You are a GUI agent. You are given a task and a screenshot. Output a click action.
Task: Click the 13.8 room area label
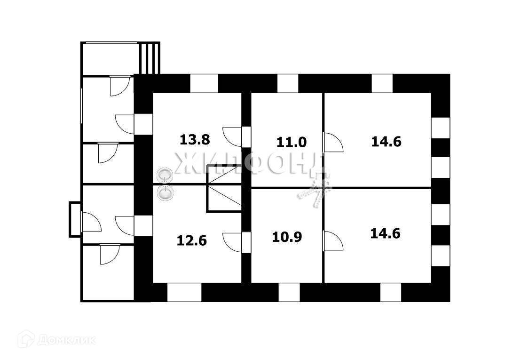tap(195, 139)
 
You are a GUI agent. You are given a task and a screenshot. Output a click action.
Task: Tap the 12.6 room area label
tap(192, 240)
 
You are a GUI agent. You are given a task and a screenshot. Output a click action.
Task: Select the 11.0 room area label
tap(292, 142)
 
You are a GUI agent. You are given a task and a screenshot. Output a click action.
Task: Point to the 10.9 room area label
tap(287, 236)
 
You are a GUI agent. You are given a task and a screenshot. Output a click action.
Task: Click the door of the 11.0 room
tap(332, 143)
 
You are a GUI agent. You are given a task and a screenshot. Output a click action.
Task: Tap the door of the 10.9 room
tap(332, 240)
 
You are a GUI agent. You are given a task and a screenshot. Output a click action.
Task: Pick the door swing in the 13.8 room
tap(233, 136)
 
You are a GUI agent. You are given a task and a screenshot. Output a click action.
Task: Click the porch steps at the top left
tap(150, 58)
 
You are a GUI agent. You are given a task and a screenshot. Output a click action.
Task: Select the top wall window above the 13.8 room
tap(204, 83)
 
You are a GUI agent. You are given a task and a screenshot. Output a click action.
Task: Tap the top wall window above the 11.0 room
tap(288, 83)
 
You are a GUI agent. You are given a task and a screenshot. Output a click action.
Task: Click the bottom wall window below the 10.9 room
tap(289, 292)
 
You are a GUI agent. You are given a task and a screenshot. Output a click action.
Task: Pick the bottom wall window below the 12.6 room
tap(184, 292)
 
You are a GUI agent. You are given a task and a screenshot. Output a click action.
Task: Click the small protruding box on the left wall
tap(75, 219)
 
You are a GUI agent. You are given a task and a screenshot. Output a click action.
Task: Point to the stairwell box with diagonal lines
tap(224, 189)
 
